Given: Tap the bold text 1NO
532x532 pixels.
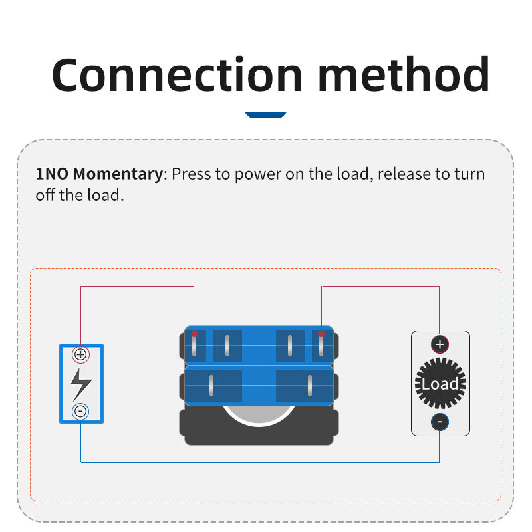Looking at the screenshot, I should pyautogui.click(x=52, y=175).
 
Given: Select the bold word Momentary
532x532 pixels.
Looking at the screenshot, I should pyautogui.click(x=117, y=175).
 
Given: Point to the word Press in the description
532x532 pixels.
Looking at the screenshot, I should pyautogui.click(x=192, y=175).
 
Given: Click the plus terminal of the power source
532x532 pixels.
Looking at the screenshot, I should pyautogui.click(x=80, y=354).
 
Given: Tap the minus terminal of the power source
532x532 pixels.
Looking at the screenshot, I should pyautogui.click(x=80, y=411).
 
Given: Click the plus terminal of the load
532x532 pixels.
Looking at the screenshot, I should pyautogui.click(x=440, y=344).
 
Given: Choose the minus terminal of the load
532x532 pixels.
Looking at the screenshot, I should pyautogui.click(x=440, y=422).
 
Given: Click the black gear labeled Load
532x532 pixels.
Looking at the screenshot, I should pyautogui.click(x=440, y=384).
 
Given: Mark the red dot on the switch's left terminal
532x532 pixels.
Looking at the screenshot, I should pyautogui.click(x=194, y=334).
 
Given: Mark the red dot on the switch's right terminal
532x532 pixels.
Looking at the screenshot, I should pyautogui.click(x=321, y=334).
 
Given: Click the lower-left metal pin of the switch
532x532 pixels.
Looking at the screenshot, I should pyautogui.click(x=211, y=386).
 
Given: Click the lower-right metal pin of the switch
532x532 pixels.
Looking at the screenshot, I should pyautogui.click(x=310, y=386).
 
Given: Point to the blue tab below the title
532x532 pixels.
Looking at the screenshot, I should pyautogui.click(x=265, y=115).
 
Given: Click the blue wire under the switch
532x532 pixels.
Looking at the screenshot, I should pyautogui.click(x=259, y=462).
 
